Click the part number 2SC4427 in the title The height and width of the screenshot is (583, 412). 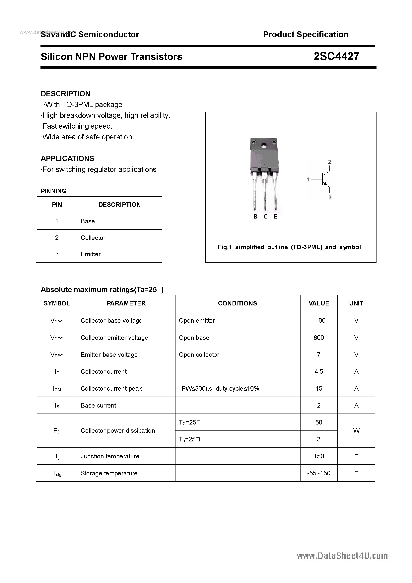point(336,56)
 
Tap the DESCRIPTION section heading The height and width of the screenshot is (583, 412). point(66,94)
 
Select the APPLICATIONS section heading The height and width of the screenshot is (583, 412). point(67,159)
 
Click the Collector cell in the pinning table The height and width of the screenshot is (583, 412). point(93,238)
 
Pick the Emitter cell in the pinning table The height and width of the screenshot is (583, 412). point(91,254)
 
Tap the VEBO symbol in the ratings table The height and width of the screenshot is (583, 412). point(57,355)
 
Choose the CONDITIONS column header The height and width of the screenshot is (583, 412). point(237,303)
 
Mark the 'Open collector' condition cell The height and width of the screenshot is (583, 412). point(199,355)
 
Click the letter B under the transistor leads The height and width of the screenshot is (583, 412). point(255,217)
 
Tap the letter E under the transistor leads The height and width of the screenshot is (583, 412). point(276,217)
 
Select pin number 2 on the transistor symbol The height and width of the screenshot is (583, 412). point(329,162)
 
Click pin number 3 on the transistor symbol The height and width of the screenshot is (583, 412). point(330,197)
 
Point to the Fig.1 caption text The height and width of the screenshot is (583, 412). point(289,247)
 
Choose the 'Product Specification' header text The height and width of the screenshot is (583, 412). point(306,34)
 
